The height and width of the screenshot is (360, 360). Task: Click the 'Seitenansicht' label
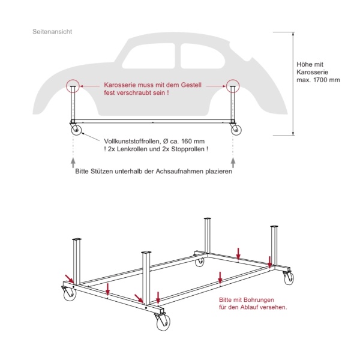[x=52, y=31]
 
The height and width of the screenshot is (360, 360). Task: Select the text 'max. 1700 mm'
[x=319, y=80]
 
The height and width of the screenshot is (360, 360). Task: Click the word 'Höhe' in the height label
[x=305, y=64]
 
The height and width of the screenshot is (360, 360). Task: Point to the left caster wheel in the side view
[x=76, y=131]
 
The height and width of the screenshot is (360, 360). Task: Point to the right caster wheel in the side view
[x=235, y=131]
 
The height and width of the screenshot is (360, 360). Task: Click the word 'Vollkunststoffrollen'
[x=131, y=139]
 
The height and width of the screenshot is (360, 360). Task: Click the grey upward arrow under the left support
[x=73, y=161]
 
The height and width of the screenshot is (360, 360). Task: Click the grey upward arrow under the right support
[x=233, y=161]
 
